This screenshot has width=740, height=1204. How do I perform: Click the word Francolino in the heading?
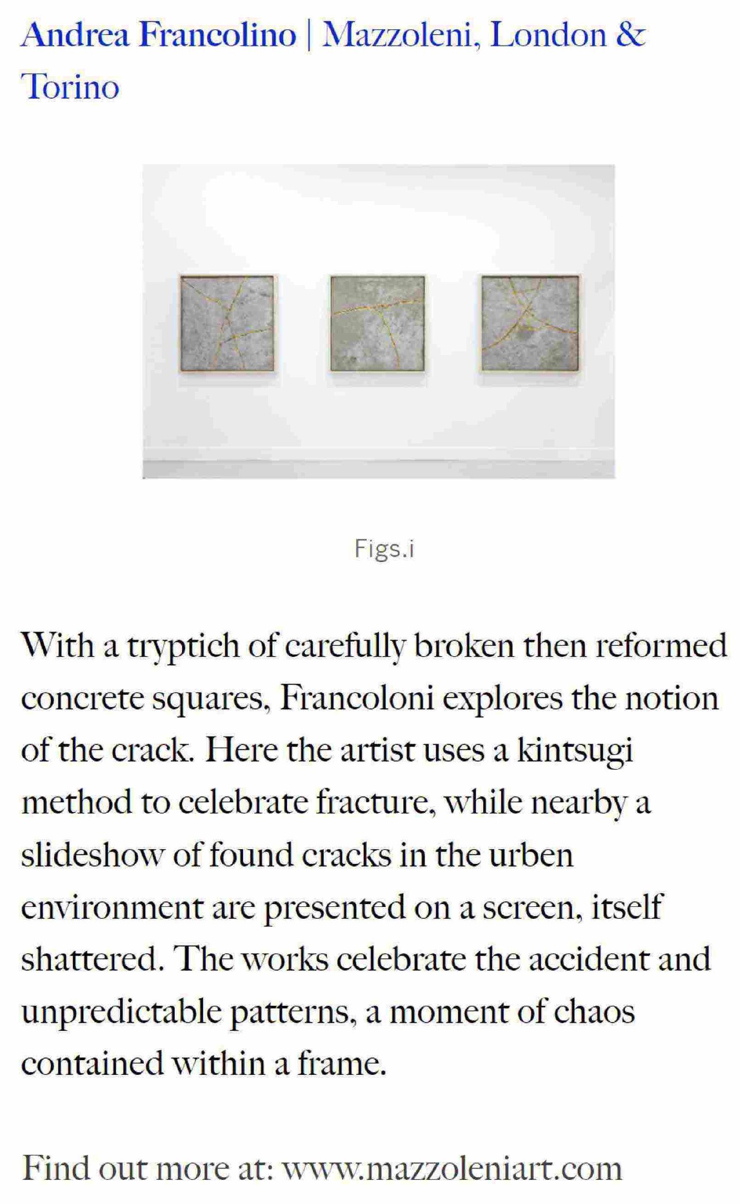coord(218,35)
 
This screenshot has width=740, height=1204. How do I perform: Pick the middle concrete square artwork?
coord(377,323)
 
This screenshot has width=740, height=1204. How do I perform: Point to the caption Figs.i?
coord(384,549)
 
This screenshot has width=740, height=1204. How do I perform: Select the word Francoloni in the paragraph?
coord(357,699)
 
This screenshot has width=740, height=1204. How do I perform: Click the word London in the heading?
coord(548,35)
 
